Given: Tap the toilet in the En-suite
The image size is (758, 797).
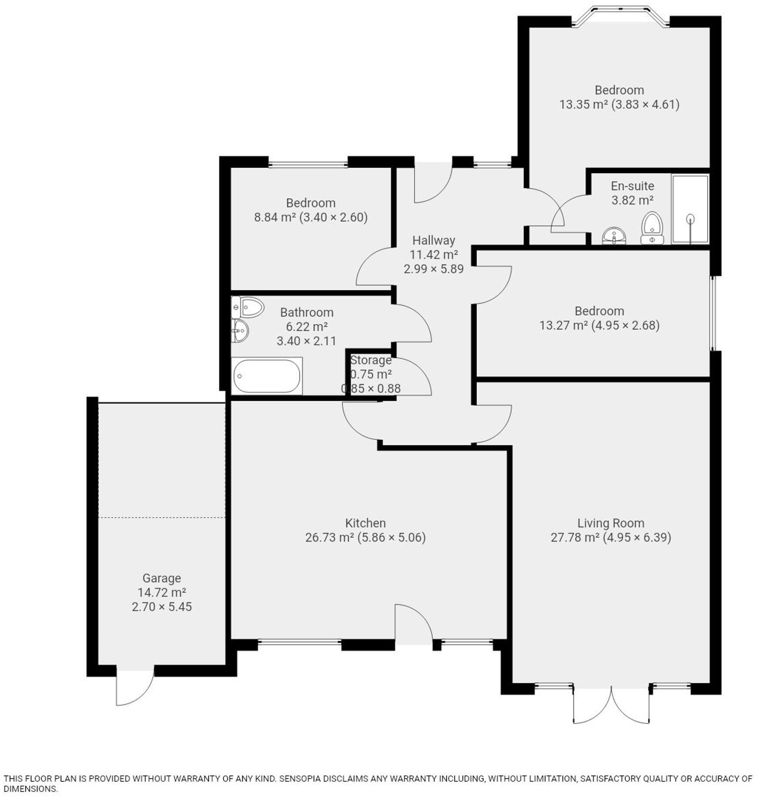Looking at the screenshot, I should [x=652, y=228].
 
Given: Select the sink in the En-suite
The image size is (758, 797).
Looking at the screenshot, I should [x=614, y=236].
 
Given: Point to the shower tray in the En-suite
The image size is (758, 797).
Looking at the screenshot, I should [x=690, y=209].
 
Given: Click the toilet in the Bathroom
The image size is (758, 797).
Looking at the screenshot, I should [x=248, y=308].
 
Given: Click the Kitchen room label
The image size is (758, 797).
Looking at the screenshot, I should [x=366, y=523].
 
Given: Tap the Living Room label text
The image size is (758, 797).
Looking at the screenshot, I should [x=610, y=523].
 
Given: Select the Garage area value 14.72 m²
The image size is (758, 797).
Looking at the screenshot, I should [x=162, y=592].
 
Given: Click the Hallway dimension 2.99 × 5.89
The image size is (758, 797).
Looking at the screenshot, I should [x=433, y=269].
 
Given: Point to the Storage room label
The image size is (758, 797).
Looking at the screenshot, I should [x=371, y=360].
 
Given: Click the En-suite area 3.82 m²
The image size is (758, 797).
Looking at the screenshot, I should [x=632, y=200].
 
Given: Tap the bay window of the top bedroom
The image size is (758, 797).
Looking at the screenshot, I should [x=620, y=15].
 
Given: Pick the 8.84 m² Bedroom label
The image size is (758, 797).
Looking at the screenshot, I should [x=311, y=203].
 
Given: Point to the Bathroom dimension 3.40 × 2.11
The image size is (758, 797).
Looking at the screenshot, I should [x=307, y=341].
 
